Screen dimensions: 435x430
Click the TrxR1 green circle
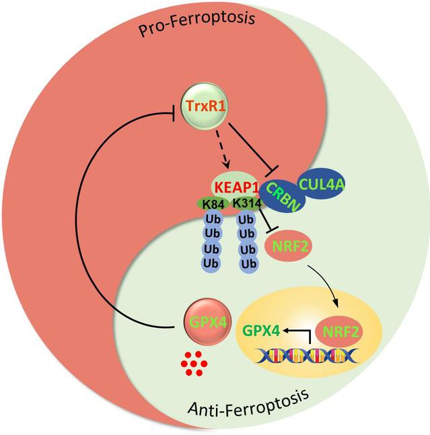[x=194, y=108]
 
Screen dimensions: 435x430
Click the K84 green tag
[x=213, y=203]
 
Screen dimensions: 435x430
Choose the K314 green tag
[x=247, y=203]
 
